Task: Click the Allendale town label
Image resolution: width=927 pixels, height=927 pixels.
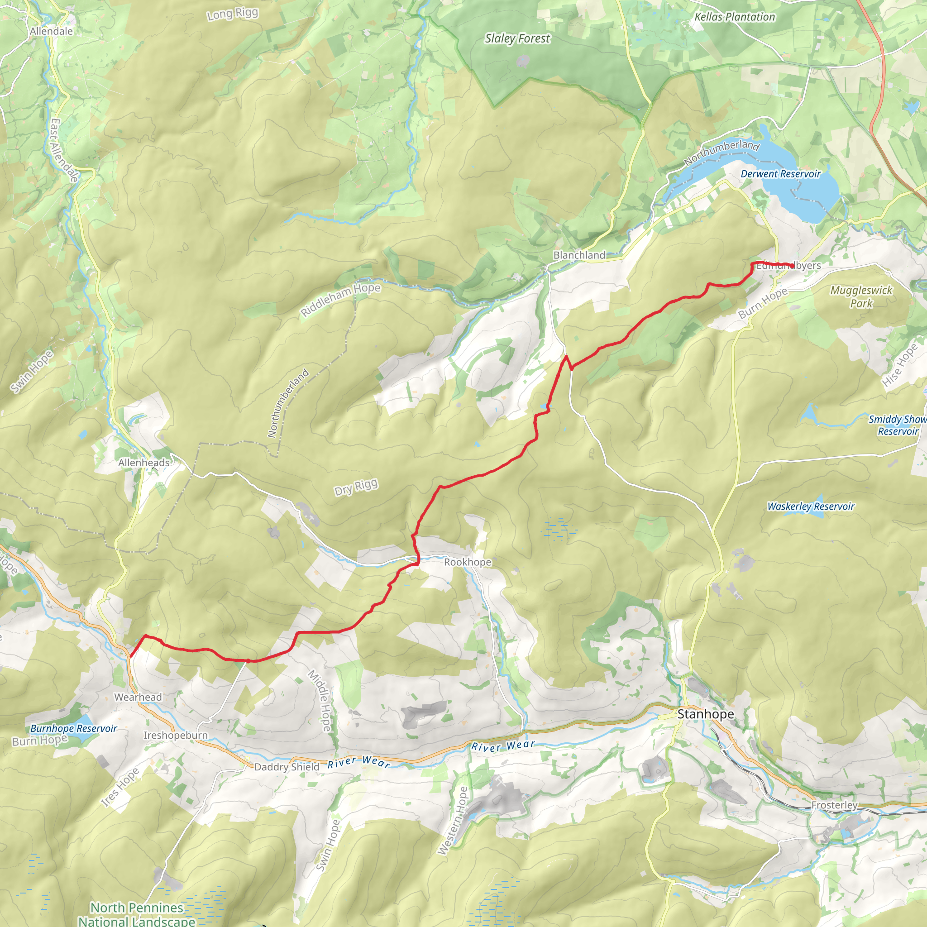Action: pos(51,31)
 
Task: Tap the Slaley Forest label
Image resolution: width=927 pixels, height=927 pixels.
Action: pos(517,38)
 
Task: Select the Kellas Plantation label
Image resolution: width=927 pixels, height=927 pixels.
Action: pos(735,17)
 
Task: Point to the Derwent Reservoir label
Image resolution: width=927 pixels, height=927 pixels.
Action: pos(781,174)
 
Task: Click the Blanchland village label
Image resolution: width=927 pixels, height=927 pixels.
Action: pos(579,255)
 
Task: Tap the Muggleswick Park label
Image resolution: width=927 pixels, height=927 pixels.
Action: pos(861,296)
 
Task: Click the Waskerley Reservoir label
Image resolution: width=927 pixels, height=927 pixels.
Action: pos(811,506)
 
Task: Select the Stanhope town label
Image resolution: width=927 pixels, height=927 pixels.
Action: pos(705,714)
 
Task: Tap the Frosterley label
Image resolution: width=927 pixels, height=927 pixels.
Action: pos(834,805)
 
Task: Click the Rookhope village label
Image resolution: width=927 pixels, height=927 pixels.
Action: pos(467,562)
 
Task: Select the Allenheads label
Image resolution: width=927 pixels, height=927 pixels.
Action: pos(144,463)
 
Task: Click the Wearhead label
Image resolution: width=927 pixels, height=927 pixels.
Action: pos(138,697)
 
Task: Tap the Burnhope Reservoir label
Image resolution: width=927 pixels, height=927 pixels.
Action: pos(73,728)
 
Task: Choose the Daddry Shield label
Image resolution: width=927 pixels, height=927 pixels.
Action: pos(287,767)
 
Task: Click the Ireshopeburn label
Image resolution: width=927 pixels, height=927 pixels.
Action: pos(176,735)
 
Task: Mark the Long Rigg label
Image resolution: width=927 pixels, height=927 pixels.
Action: pos(233,14)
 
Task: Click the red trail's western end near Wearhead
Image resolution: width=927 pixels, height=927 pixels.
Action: pos(130,656)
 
